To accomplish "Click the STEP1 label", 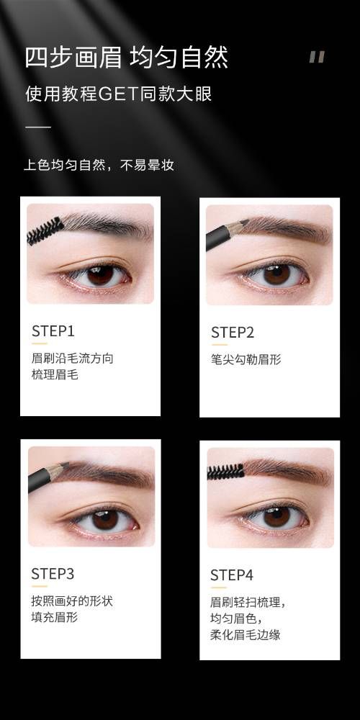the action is [x=53, y=330].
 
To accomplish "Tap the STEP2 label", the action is [x=233, y=332].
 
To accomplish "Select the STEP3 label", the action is [x=53, y=574].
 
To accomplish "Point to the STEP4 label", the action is [x=231, y=575].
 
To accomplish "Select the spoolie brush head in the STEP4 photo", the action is [x=225, y=471].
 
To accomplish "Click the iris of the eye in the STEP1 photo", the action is [x=99, y=274].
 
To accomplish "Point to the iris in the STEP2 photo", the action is [x=276, y=274].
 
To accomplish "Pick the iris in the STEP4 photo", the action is [x=276, y=516].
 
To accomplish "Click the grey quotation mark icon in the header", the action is [x=317, y=56].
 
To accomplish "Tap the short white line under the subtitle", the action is [x=38, y=127].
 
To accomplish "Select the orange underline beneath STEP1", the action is [x=40, y=343].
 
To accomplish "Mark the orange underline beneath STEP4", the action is [x=219, y=588].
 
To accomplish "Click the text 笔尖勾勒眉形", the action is [x=246, y=359].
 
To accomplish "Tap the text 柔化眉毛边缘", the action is [x=246, y=635].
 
